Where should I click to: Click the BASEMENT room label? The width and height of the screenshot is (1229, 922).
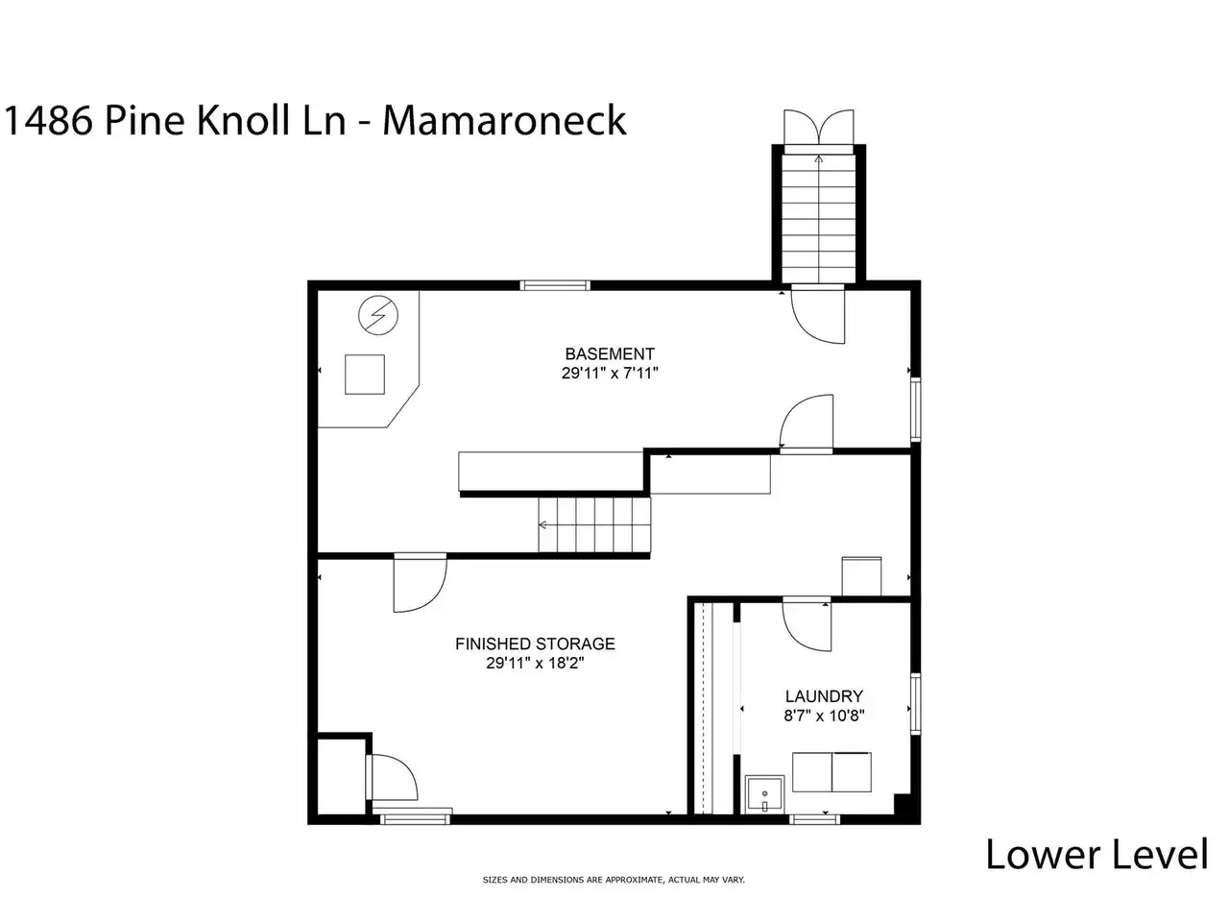[609, 353]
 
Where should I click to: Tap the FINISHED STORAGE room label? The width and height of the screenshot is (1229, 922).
[535, 643]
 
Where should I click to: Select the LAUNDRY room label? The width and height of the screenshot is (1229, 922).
[824, 696]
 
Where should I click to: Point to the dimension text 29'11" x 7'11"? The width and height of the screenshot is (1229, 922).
[609, 373]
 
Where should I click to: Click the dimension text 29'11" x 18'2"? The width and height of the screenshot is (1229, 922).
[535, 663]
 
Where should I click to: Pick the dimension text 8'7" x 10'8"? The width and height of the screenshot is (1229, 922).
[824, 716]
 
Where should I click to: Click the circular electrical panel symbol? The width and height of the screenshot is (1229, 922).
[378, 315]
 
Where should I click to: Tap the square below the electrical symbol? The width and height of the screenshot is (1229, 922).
[365, 374]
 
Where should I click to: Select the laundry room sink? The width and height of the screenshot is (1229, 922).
[765, 794]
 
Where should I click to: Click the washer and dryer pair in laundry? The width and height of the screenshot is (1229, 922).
[831, 772]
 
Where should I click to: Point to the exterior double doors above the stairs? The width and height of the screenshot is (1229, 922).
[819, 127]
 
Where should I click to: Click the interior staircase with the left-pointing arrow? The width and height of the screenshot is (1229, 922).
[594, 524]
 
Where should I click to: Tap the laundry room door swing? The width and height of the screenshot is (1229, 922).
[807, 626]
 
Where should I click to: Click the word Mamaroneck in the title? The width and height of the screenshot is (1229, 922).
[504, 120]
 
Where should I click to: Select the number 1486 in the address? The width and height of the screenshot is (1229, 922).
[48, 120]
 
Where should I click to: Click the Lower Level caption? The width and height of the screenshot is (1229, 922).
[1096, 855]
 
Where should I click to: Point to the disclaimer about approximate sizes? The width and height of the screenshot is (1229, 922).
[614, 880]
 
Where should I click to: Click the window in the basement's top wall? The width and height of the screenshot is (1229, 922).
[555, 285]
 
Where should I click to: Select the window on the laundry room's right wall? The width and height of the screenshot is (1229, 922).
[915, 703]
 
